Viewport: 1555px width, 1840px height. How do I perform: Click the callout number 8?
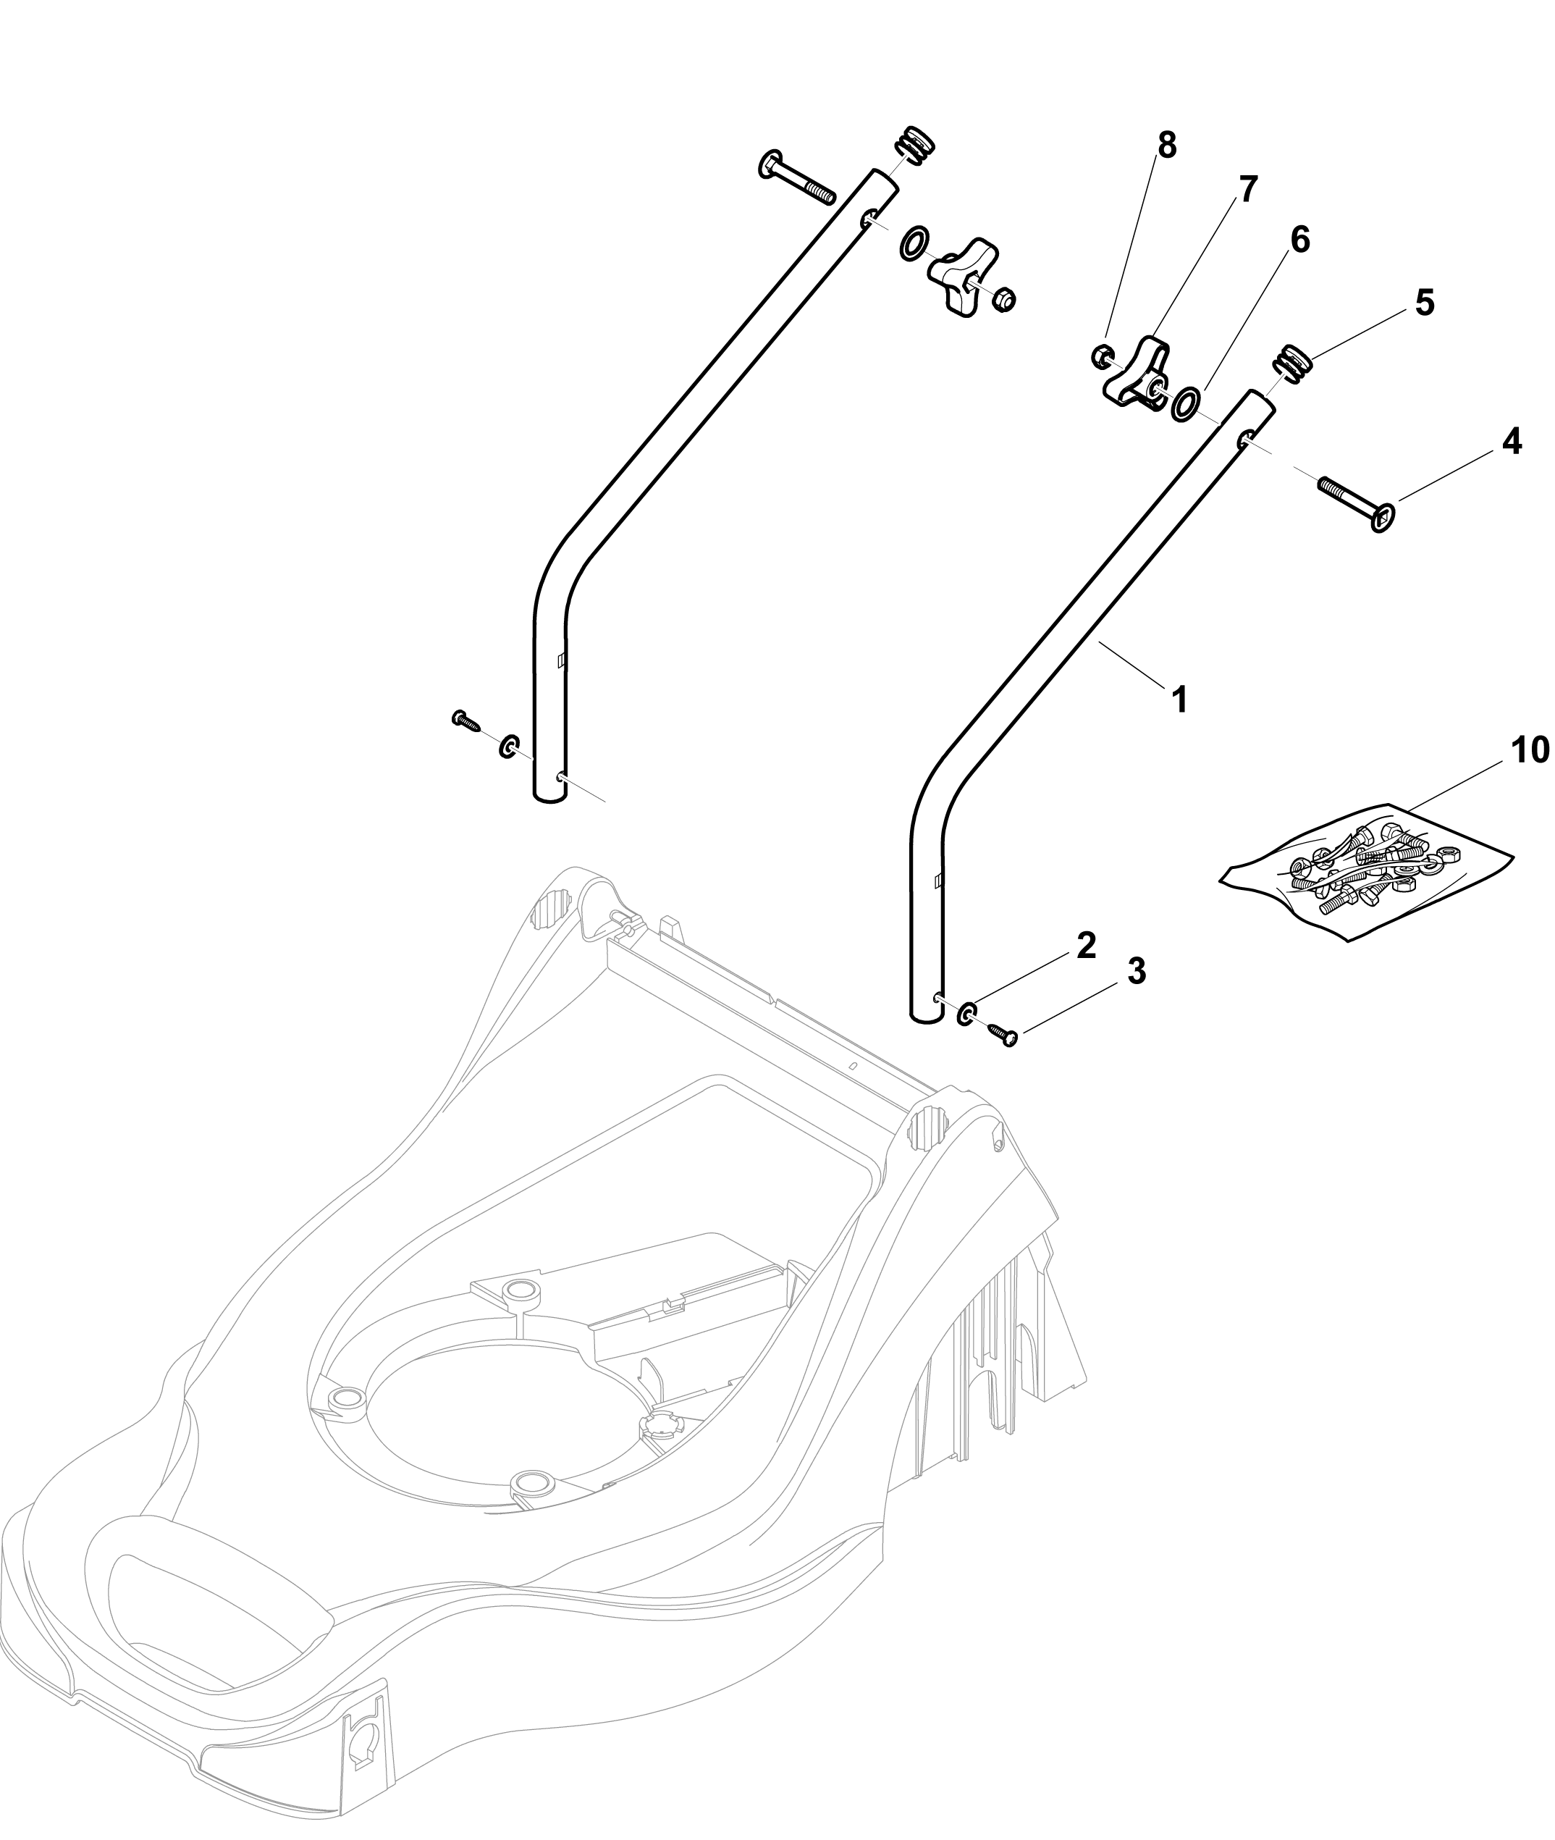pyautogui.click(x=1166, y=146)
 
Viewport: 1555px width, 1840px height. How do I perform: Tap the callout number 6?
pyautogui.click(x=1300, y=240)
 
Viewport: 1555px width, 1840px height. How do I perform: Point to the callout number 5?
pyautogui.click(x=1425, y=303)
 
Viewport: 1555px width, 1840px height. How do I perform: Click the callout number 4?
pyautogui.click(x=1512, y=441)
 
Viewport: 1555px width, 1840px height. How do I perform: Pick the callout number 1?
pyautogui.click(x=1179, y=701)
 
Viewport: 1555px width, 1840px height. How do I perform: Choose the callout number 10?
pyautogui.click(x=1530, y=750)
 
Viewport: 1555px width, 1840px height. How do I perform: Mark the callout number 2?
pyautogui.click(x=1086, y=945)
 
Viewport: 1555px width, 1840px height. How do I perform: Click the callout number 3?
pyautogui.click(x=1137, y=972)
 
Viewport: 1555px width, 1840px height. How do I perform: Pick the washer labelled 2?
pyautogui.click(x=967, y=1014)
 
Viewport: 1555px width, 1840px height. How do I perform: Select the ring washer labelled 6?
pyautogui.click(x=1185, y=404)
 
